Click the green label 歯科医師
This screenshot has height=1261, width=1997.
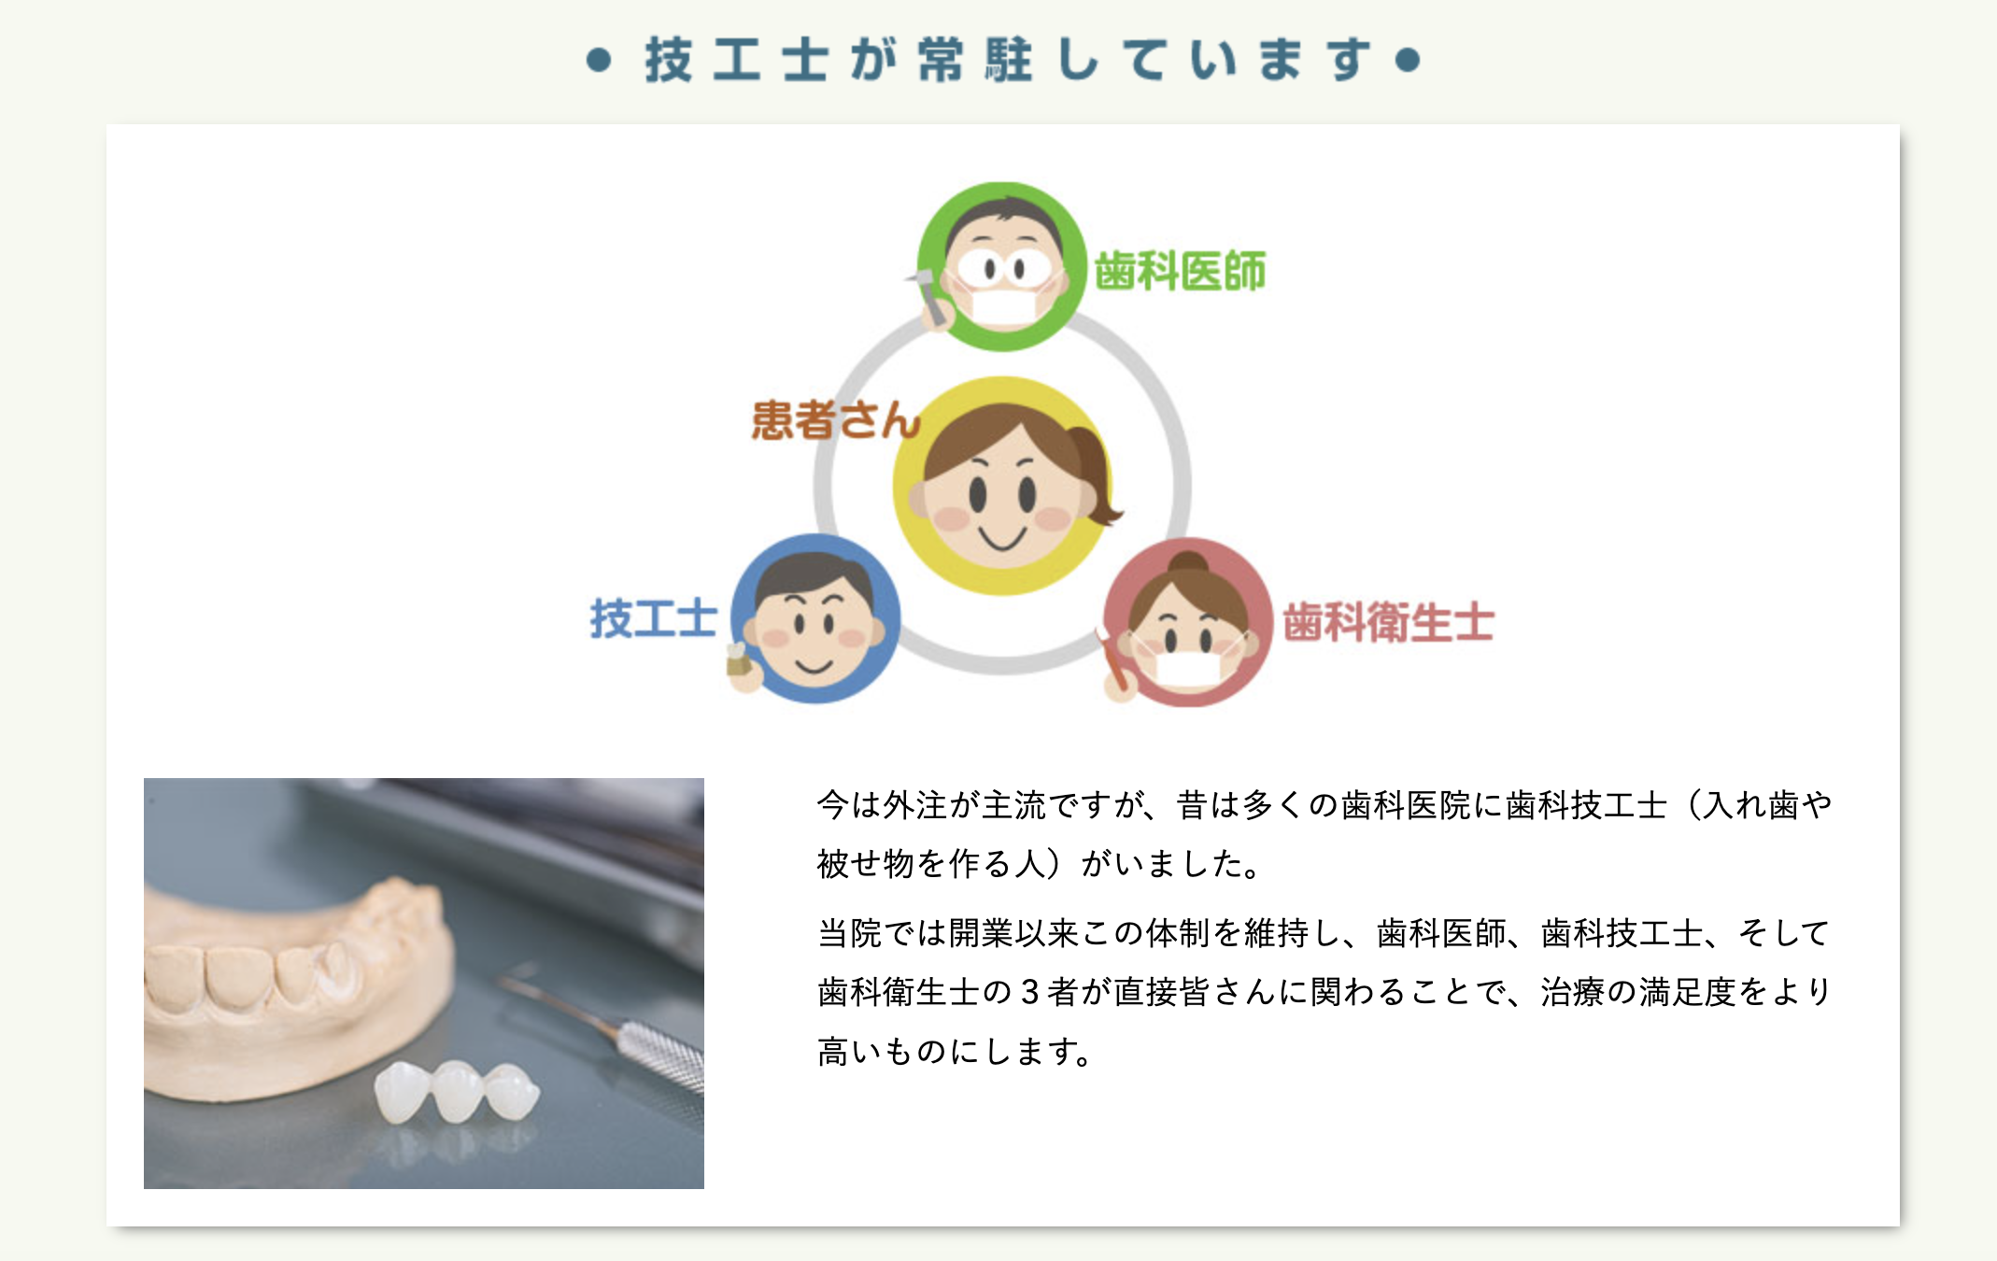click(1180, 271)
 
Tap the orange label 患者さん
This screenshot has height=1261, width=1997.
click(835, 420)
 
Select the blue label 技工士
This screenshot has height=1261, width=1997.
click(653, 619)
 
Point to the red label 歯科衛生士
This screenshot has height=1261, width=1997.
click(1388, 623)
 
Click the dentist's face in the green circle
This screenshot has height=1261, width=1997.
click(1002, 265)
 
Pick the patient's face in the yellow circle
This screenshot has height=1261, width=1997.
click(1001, 495)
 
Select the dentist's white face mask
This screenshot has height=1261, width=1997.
click(1002, 307)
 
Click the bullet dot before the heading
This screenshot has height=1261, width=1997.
click(599, 61)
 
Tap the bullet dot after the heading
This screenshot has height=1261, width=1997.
click(1407, 61)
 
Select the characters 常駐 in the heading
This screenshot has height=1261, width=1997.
click(975, 61)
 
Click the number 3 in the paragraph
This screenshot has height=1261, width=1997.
click(1029, 992)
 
